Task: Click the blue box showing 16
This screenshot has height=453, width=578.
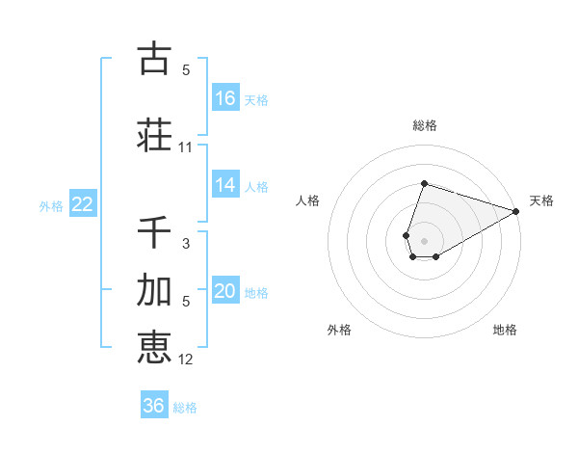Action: [x=225, y=98]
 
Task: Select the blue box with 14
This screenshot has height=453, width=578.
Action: [x=225, y=185]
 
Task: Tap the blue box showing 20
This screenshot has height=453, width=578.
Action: [x=225, y=292]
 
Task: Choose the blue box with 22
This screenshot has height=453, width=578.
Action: [x=83, y=204]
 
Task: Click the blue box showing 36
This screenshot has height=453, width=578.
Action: [x=154, y=406]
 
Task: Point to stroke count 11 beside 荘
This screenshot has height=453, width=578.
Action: [x=186, y=147]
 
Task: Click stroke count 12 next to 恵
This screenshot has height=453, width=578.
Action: [x=186, y=360]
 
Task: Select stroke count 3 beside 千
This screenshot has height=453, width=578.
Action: [x=186, y=244]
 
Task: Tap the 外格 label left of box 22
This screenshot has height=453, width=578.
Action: [x=51, y=205]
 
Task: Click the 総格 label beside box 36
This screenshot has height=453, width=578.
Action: [x=185, y=407]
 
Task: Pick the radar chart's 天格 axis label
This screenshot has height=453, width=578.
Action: [x=541, y=200]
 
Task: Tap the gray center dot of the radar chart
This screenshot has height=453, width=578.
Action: [x=424, y=240]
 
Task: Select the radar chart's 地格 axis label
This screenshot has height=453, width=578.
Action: [x=505, y=330]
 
